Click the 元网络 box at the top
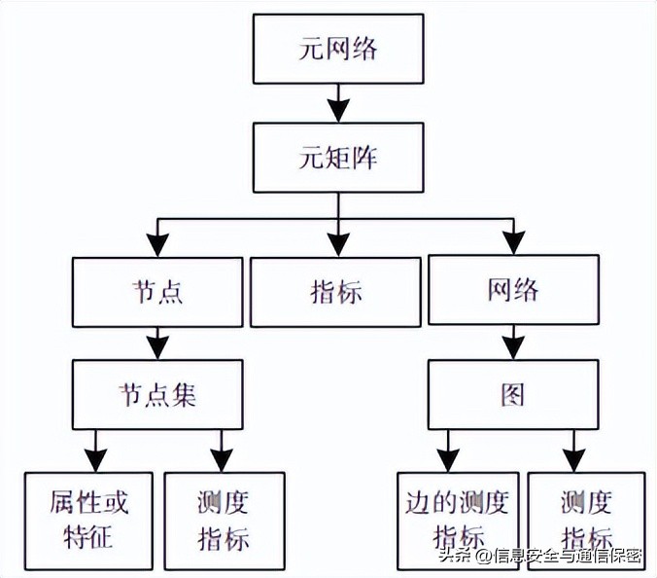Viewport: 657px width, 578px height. point(336,48)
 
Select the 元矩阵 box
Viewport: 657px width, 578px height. point(336,157)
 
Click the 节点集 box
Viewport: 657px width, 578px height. point(157,395)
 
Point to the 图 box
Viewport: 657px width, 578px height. point(512,395)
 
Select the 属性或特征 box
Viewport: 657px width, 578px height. point(89,520)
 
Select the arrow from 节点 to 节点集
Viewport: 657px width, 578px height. point(157,343)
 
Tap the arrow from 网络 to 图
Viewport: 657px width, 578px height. point(512,343)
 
